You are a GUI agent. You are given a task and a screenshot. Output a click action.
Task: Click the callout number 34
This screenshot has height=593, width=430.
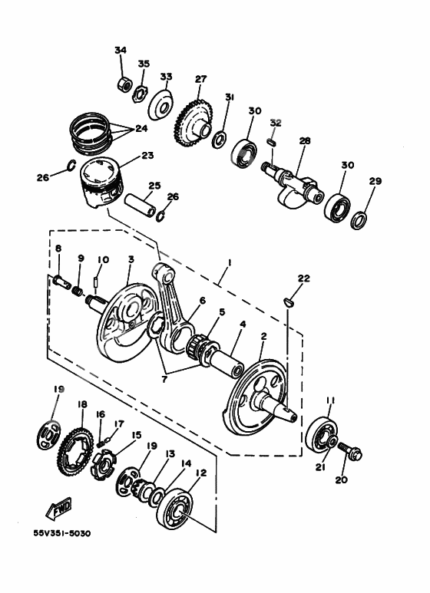(120, 51)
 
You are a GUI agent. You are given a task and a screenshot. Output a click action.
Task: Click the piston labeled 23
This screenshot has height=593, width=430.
(100, 185)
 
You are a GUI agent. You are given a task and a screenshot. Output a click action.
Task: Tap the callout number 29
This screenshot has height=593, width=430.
(375, 181)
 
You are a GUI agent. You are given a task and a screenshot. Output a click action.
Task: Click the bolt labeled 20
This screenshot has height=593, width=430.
(349, 452)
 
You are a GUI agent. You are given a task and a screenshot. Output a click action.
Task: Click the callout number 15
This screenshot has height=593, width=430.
(136, 436)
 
